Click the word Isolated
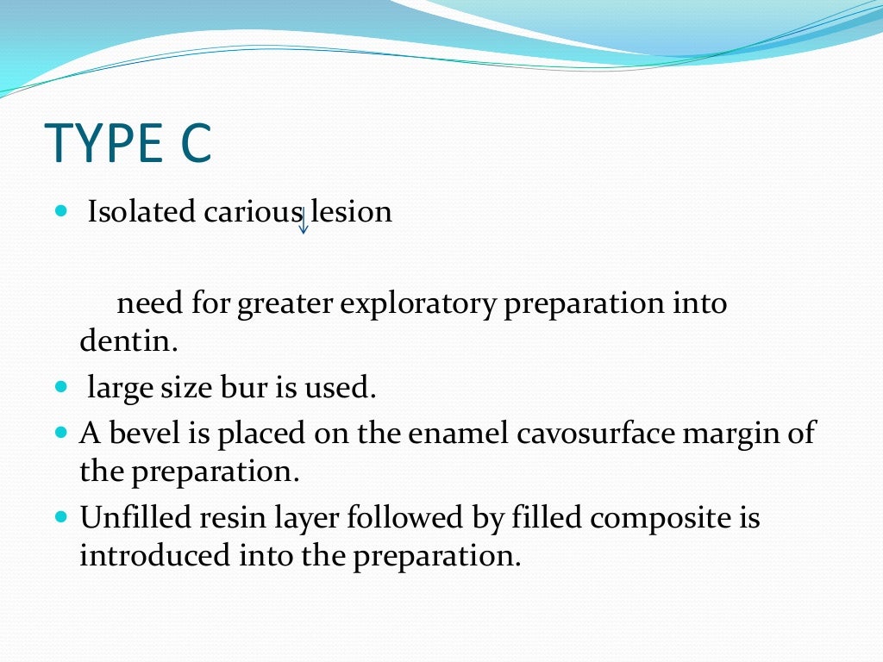pyautogui.click(x=142, y=212)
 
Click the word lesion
pyautogui.click(x=351, y=212)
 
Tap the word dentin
pyautogui.click(x=128, y=342)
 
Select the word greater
pyautogui.click(x=288, y=304)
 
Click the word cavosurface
pyautogui.click(x=594, y=433)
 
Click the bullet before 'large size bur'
pyautogui.click(x=60, y=388)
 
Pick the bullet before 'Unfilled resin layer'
pyautogui.click(x=60, y=518)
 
